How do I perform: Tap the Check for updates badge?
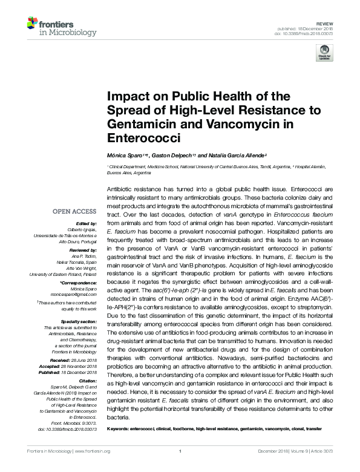point(324,54)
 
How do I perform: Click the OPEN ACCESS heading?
point(74,212)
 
